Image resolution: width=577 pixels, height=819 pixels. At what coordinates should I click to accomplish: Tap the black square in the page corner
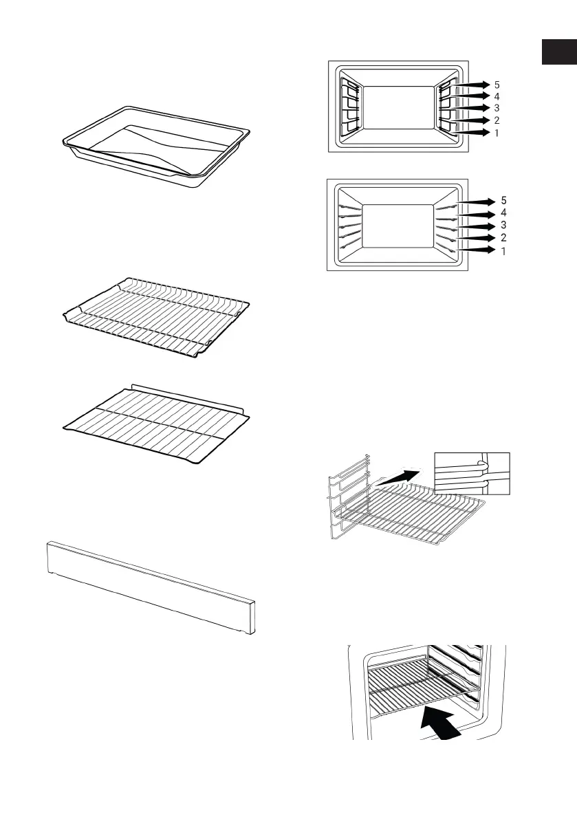tap(558, 52)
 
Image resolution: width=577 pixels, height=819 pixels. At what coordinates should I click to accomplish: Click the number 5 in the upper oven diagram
tap(497, 85)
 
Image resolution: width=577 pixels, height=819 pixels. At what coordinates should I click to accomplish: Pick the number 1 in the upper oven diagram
tap(497, 133)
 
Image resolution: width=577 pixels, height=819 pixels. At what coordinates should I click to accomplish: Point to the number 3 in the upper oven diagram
tap(497, 109)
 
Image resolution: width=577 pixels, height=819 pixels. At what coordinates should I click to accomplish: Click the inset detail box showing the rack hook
tap(472, 474)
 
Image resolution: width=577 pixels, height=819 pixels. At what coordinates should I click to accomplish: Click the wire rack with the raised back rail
tap(155, 417)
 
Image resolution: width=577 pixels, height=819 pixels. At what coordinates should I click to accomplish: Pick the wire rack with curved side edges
tap(155, 317)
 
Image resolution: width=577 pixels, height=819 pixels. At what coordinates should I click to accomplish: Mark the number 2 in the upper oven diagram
tap(497, 120)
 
